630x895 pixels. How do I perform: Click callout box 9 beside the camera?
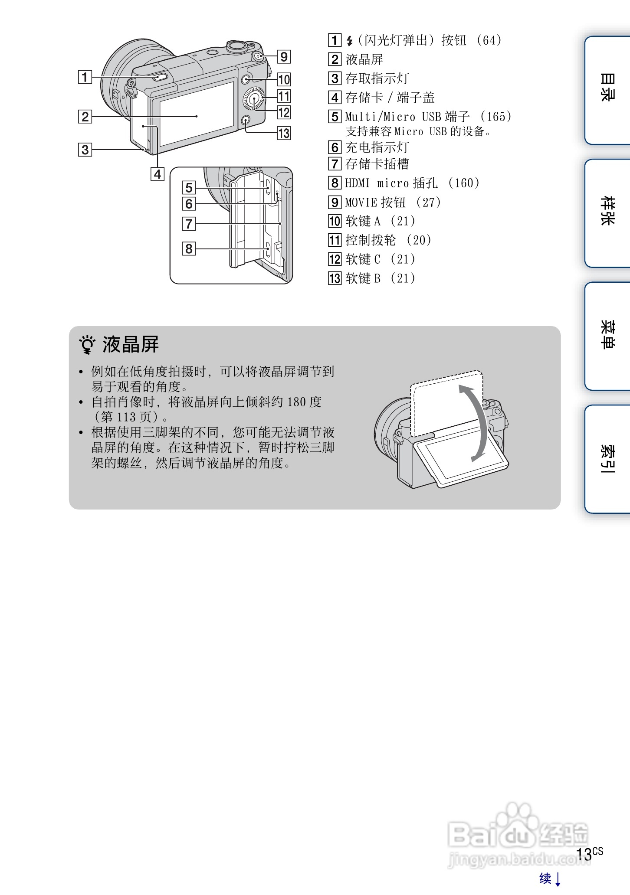tap(284, 57)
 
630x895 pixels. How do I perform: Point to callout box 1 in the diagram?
tap(85, 78)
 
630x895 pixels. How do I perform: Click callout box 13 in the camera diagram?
tap(284, 133)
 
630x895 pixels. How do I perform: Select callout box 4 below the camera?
tap(157, 174)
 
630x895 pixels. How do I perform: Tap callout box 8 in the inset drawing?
tap(189, 249)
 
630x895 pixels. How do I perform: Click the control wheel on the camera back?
tap(254, 100)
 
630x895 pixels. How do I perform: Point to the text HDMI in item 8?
tap(358, 183)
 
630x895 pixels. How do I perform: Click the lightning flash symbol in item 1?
tap(350, 41)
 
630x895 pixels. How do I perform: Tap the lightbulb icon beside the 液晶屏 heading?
tap(87, 345)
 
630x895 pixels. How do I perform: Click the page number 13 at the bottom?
tap(584, 854)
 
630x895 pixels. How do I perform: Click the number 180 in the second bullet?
tap(296, 402)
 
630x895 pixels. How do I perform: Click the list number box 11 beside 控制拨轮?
tap(335, 240)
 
